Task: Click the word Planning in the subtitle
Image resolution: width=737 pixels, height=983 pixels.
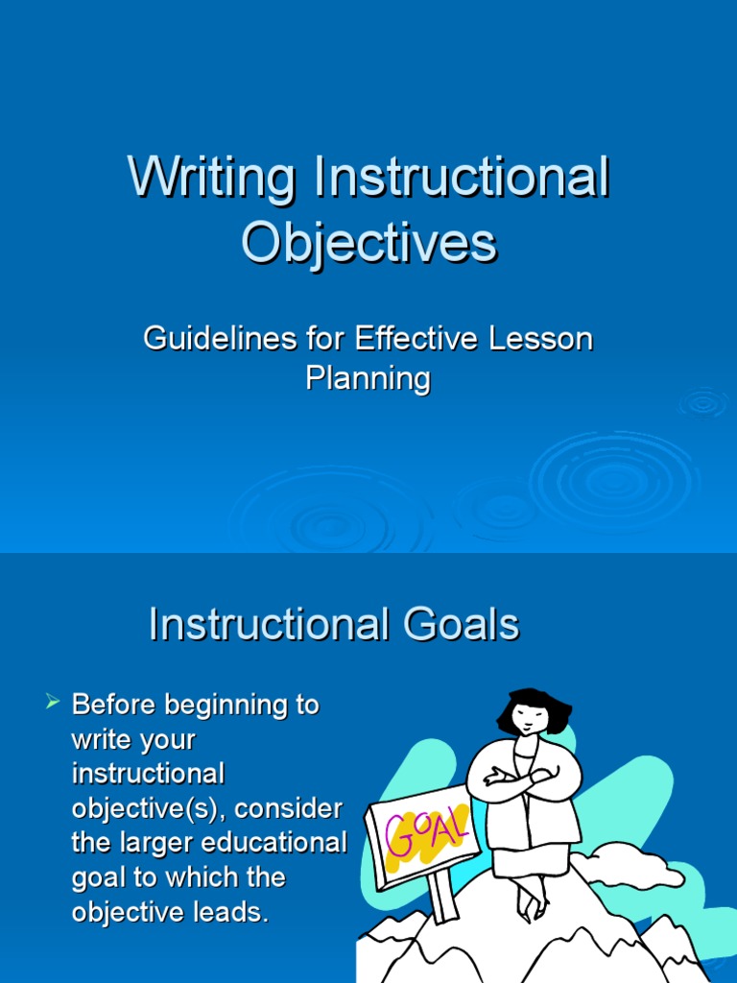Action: click(368, 378)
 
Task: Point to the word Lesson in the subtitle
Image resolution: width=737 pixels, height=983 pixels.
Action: click(547, 339)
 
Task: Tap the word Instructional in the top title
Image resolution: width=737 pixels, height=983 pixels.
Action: click(459, 180)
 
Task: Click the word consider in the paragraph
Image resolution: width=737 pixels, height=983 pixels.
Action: click(289, 809)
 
